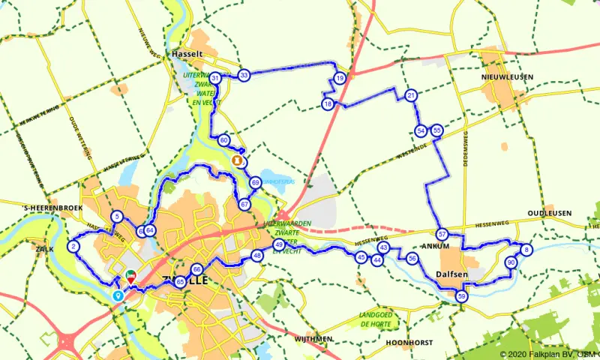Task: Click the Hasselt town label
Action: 187,55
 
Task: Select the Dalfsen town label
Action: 452,275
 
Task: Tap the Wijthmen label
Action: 313,339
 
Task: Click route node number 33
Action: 244,75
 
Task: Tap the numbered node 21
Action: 411,95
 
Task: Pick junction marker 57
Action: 442,234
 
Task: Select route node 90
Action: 511,262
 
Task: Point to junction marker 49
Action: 278,245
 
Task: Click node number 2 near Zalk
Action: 73,246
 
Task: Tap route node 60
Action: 223,140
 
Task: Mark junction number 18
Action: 328,104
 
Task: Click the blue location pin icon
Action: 118,295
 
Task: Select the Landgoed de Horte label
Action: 376,319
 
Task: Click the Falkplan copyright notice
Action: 549,354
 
